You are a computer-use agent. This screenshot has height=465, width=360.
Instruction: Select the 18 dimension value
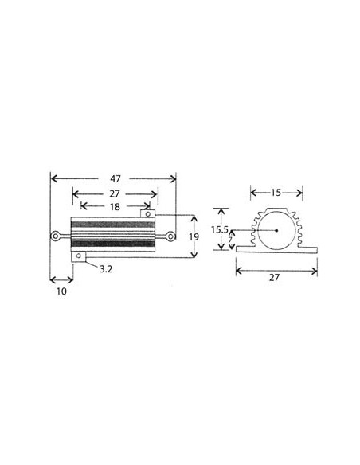pyautogui.click(x=115, y=206)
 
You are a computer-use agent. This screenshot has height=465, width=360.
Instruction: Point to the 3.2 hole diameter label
pyautogui.click(x=105, y=269)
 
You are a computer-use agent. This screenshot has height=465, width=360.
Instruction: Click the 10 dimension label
pyautogui.click(x=61, y=291)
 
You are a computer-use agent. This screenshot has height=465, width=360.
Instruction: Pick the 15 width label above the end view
pyautogui.click(x=276, y=191)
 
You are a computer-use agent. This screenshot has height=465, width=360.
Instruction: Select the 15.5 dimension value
pyautogui.click(x=221, y=230)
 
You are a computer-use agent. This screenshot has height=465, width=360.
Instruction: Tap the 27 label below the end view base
pyautogui.click(x=276, y=279)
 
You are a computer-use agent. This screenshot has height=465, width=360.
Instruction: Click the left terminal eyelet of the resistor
pyautogui.click(x=56, y=236)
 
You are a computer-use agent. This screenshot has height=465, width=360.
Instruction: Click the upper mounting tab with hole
pyautogui.click(x=147, y=213)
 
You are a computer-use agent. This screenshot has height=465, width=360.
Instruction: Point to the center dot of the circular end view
pyautogui.click(x=276, y=230)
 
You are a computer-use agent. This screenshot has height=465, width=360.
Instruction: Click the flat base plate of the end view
pyautogui.click(x=276, y=251)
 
